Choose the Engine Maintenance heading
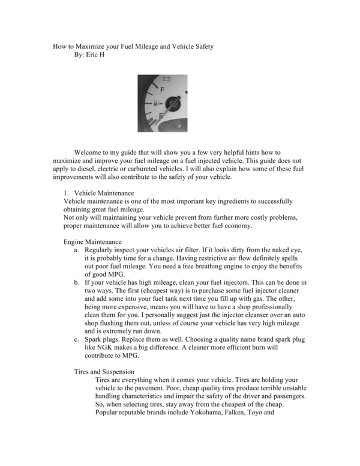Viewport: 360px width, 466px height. (95, 241)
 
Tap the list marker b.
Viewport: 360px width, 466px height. (76, 282)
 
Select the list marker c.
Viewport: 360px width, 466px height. (76, 339)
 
